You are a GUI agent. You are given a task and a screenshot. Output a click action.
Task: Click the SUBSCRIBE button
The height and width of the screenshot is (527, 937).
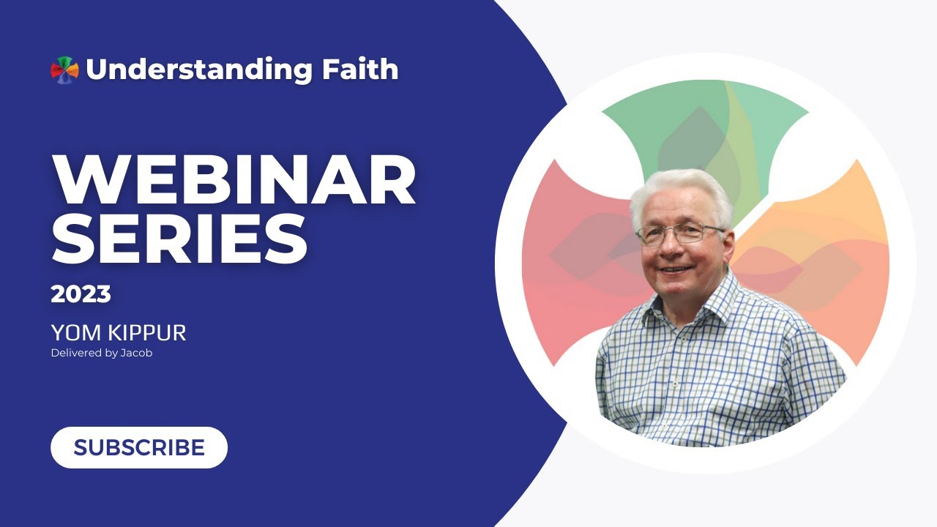click(139, 447)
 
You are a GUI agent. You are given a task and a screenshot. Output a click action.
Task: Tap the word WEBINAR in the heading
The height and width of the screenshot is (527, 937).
click(234, 179)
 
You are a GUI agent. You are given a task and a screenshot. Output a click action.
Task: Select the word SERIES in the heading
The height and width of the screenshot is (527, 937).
click(179, 239)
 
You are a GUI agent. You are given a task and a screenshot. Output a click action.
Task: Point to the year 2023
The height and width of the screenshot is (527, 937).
click(81, 294)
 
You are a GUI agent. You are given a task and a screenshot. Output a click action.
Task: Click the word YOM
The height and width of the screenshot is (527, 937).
click(76, 333)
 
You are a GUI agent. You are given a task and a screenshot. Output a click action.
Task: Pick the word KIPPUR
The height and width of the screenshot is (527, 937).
click(147, 333)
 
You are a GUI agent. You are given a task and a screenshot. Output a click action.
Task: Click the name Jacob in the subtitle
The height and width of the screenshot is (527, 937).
click(136, 353)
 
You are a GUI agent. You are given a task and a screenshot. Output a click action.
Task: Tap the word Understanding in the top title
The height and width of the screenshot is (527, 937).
click(199, 70)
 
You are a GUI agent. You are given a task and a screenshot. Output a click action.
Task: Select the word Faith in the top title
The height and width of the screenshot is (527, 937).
click(360, 69)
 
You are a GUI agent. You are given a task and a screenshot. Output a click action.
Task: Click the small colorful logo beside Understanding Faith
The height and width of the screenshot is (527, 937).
click(65, 70)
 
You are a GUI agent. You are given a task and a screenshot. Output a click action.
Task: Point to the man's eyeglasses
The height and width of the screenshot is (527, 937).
click(680, 233)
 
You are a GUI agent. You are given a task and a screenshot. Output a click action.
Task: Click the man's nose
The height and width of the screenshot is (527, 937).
click(671, 247)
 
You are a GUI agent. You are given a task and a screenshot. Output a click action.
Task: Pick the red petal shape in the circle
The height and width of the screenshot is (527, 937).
click(578, 259)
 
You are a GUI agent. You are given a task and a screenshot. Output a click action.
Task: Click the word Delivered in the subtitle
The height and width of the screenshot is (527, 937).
click(77, 353)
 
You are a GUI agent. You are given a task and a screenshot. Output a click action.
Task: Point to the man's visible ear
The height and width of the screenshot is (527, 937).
click(728, 247)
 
